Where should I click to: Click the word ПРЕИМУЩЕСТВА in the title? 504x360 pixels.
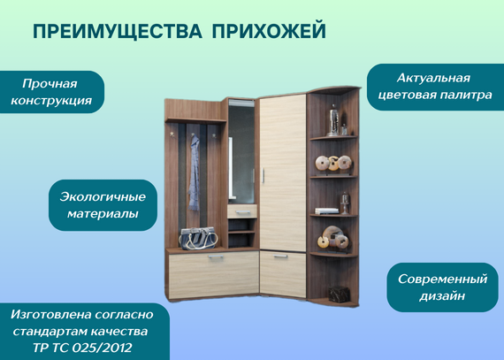tap(118, 32)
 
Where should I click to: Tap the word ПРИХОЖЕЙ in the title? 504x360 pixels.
tap(269, 30)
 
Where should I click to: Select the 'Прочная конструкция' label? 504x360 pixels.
tap(51, 92)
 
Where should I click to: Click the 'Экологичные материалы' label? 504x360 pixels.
tap(103, 205)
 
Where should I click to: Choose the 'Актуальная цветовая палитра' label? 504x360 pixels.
tap(435, 87)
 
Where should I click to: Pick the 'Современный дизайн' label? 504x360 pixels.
tap(443, 287)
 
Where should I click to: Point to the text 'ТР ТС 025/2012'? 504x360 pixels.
tap(82, 348)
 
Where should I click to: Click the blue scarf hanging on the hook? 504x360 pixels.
tap(194, 173)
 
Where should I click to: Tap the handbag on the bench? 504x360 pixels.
tap(198, 238)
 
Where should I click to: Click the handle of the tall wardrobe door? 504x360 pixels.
tap(263, 175)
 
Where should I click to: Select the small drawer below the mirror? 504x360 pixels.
tap(242, 211)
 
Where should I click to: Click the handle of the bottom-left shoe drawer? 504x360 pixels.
tap(216, 257)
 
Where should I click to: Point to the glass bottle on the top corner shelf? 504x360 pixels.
tap(333, 120)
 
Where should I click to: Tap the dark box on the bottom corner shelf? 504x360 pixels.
tap(340, 295)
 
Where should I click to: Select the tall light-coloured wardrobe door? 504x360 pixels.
tap(283, 173)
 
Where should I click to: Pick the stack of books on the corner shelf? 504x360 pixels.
tap(326, 211)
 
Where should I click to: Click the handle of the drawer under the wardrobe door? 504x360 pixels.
tap(280, 257)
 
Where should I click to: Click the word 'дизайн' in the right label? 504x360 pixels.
tap(442, 296)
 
